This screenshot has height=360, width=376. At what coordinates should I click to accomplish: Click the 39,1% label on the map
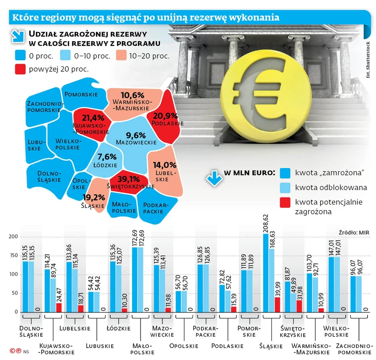tap(128, 179)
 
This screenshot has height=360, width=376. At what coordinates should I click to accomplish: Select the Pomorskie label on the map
tap(81, 94)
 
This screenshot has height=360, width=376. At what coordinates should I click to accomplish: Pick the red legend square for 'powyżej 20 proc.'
tap(21, 69)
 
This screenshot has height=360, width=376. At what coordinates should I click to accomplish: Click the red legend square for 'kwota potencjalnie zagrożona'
tap(284, 202)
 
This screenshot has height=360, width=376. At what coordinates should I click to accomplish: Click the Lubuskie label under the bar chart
tap(100, 346)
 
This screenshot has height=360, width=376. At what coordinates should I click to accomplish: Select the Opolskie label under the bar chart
tap(184, 346)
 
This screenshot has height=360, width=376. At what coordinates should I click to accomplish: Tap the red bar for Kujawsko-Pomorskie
tap(58, 307)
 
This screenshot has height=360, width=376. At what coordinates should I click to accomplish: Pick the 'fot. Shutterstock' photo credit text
tap(368, 59)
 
